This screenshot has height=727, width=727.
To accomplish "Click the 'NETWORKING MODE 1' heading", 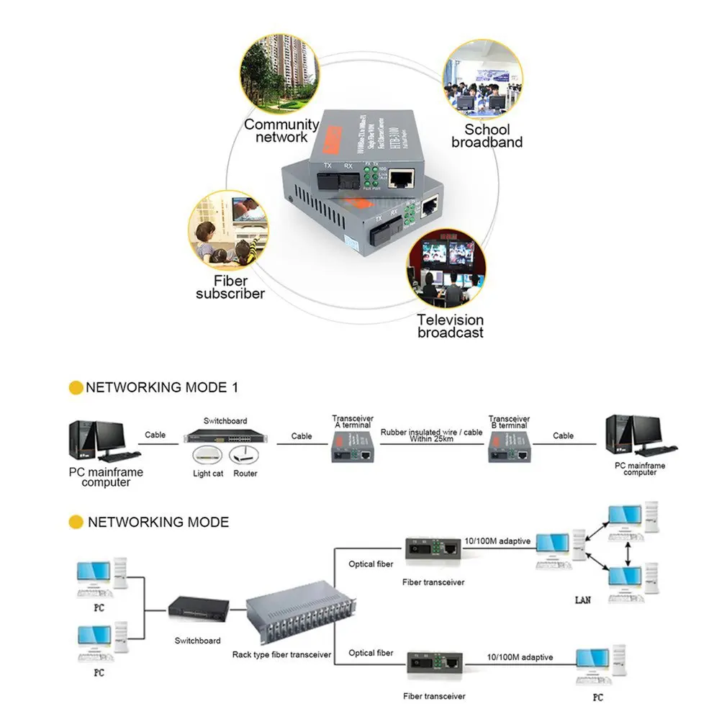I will tap(162, 387).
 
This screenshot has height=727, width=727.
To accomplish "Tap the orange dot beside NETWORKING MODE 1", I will tap(76, 388).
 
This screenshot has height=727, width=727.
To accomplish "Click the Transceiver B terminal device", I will tap(508, 451).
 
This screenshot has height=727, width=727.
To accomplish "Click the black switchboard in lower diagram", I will tap(197, 613).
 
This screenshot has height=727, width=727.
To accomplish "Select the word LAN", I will tap(582, 600).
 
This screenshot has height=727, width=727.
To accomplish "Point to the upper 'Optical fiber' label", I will tap(371, 564).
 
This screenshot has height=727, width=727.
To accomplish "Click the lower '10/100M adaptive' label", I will tap(520, 657).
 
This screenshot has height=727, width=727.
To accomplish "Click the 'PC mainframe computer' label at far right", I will tap(640, 469).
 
